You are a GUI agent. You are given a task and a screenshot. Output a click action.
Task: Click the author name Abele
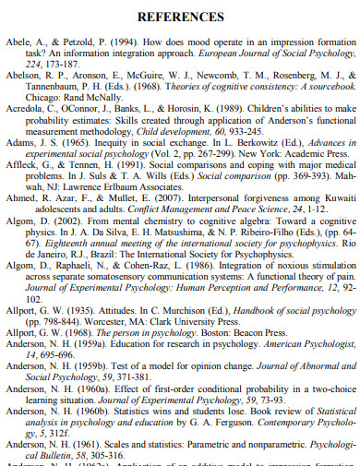tap(18, 44)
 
